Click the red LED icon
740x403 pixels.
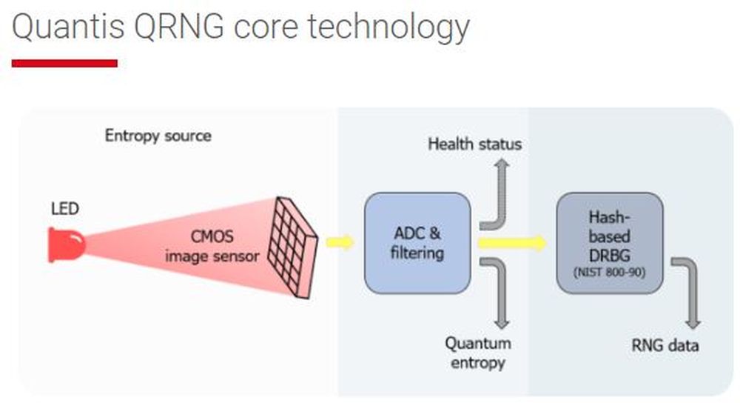pyautogui.click(x=66, y=245)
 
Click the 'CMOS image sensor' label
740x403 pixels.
pyautogui.click(x=212, y=247)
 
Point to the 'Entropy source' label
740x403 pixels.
pyautogui.click(x=158, y=136)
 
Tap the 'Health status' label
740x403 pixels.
pyautogui.click(x=474, y=144)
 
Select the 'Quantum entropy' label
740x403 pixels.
pyautogui.click(x=477, y=353)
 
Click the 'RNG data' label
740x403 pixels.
pyautogui.click(x=665, y=345)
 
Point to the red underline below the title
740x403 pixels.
pyautogui.click(x=64, y=64)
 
